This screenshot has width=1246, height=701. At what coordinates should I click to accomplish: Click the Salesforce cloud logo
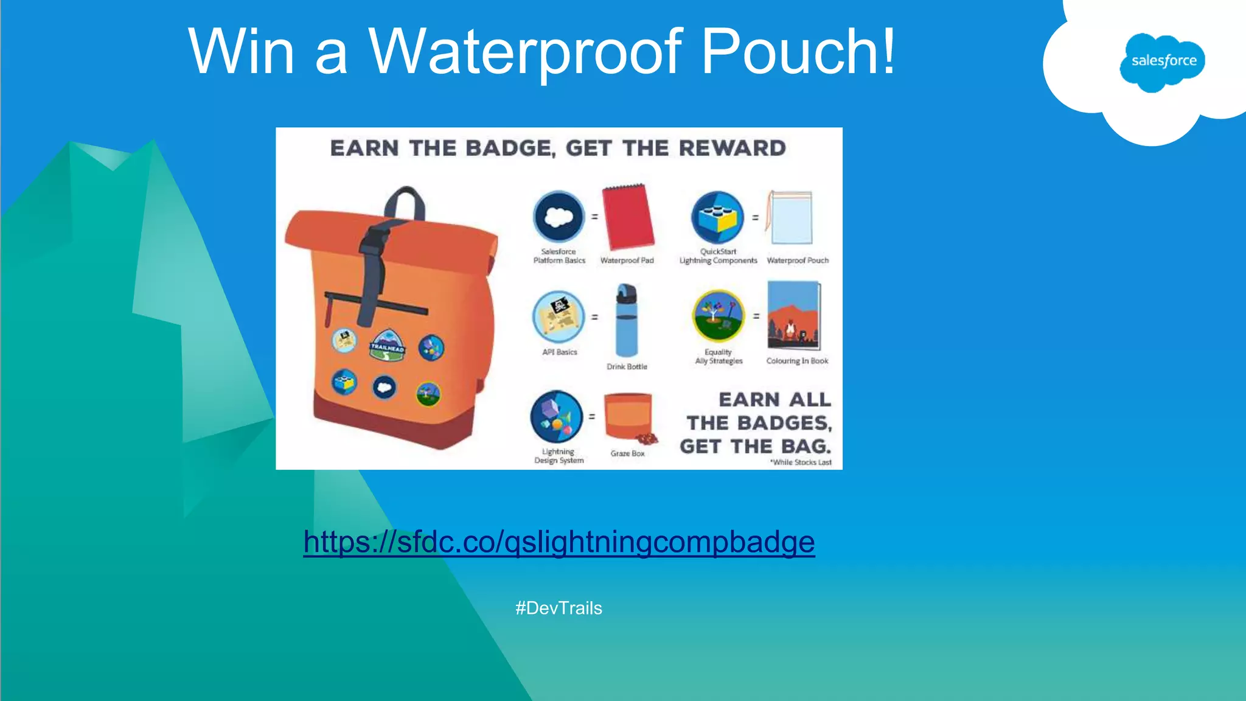point(1163,61)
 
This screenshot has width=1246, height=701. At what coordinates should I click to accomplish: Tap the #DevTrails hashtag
point(559,608)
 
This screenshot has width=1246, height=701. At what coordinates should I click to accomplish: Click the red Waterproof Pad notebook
point(627,217)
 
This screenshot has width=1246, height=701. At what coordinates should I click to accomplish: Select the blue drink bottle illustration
point(626,320)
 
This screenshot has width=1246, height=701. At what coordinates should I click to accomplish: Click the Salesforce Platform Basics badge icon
point(559,217)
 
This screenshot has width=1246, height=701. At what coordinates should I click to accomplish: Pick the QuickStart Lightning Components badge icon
point(718,217)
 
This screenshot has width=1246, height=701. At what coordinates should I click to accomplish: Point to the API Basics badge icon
point(559,316)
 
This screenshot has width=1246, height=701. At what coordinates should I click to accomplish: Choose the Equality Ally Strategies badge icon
point(719,316)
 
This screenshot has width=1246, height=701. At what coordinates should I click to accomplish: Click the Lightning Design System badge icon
point(557,417)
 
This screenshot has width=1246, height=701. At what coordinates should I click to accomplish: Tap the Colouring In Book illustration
point(795,315)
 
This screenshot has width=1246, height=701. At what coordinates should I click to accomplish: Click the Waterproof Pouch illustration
point(790,218)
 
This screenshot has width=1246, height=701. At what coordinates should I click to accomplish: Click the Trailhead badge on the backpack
point(387,346)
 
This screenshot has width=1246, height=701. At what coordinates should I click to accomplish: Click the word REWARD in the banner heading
point(732,148)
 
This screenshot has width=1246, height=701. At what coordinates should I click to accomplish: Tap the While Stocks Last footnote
point(801,462)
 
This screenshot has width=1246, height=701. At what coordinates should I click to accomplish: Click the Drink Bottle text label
point(627,367)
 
